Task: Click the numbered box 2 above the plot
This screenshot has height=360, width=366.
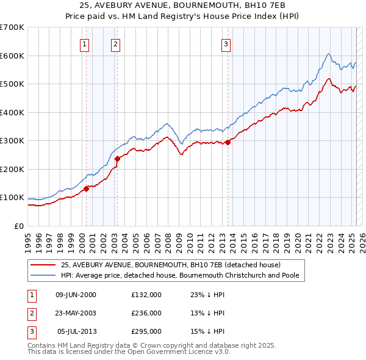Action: coord(115,43)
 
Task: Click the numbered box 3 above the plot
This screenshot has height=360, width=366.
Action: coord(226,43)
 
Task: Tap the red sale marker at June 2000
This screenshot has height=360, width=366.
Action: coord(86,189)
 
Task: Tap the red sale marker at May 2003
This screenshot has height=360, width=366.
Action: coord(118,159)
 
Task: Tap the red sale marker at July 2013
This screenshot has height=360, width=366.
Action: coord(228,142)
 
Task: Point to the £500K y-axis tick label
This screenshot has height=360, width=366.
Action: coord(12,84)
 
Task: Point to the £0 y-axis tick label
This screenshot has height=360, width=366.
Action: coord(18,226)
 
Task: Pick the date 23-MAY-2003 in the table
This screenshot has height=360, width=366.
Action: coord(76,313)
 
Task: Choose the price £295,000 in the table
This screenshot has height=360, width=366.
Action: coord(146,331)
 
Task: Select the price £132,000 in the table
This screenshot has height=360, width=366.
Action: coord(146,295)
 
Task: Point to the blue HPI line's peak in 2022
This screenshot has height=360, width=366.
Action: coord(328,54)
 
